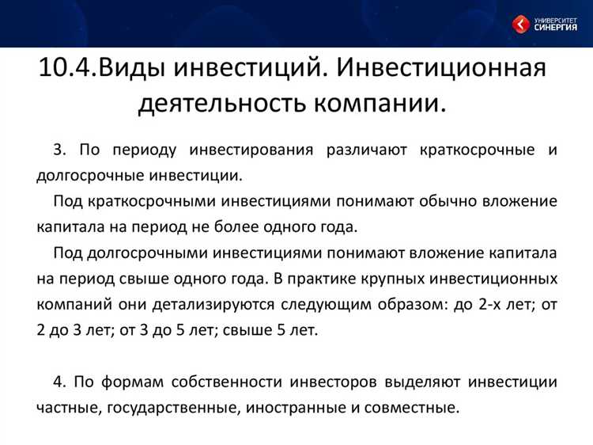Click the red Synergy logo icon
(x=520, y=25)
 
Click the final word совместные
(x=414, y=408)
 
